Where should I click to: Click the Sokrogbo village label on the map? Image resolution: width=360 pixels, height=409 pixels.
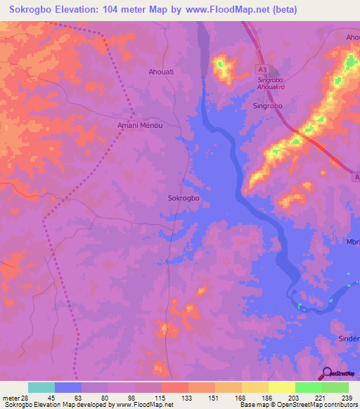[184, 198]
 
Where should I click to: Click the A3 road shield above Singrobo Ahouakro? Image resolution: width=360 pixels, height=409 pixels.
[262, 70]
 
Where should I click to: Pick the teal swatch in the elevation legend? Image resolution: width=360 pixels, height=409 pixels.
[41, 387]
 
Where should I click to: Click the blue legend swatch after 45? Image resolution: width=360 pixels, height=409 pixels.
[68, 387]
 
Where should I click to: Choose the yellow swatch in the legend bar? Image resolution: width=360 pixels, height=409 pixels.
[281, 387]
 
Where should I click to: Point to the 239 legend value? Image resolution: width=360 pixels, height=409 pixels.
[346, 398]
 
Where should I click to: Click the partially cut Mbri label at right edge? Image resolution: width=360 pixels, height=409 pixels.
[353, 242]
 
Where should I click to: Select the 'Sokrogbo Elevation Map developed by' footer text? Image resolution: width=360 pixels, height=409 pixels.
[58, 405]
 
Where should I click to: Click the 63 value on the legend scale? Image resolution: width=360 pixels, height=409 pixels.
[79, 398]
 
